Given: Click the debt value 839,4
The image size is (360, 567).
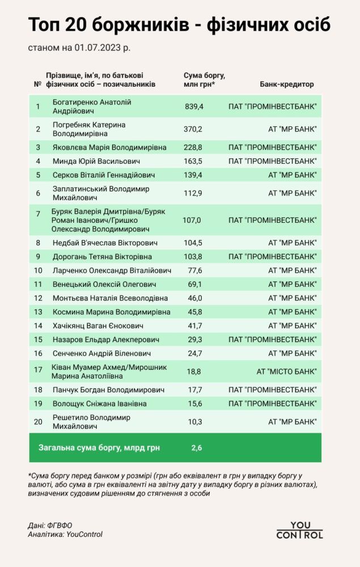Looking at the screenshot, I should [x=194, y=106].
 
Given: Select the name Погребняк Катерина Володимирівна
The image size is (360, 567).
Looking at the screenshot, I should [x=88, y=129].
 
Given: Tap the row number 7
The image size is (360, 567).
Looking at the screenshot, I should [x=38, y=214].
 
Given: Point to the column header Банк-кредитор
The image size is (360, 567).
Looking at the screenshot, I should [x=287, y=84].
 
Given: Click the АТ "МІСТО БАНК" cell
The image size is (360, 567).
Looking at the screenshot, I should [x=286, y=371].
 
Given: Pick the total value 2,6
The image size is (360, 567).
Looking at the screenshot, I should [x=197, y=448].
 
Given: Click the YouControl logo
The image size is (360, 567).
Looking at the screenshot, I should [x=300, y=530].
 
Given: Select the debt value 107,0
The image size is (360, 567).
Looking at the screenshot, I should [x=192, y=219].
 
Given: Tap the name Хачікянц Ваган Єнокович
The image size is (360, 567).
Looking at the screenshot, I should [x=98, y=326].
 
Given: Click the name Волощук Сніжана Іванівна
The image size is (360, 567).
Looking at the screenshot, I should [x=99, y=404].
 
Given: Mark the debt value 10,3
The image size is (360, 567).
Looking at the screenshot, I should [x=194, y=422].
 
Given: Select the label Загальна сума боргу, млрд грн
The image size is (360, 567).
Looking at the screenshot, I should [x=99, y=448].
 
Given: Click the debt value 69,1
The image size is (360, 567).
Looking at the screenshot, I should [x=194, y=284].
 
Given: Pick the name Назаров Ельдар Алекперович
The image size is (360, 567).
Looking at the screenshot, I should [x=97, y=340].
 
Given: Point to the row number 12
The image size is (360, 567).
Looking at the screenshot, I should [x=38, y=298].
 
